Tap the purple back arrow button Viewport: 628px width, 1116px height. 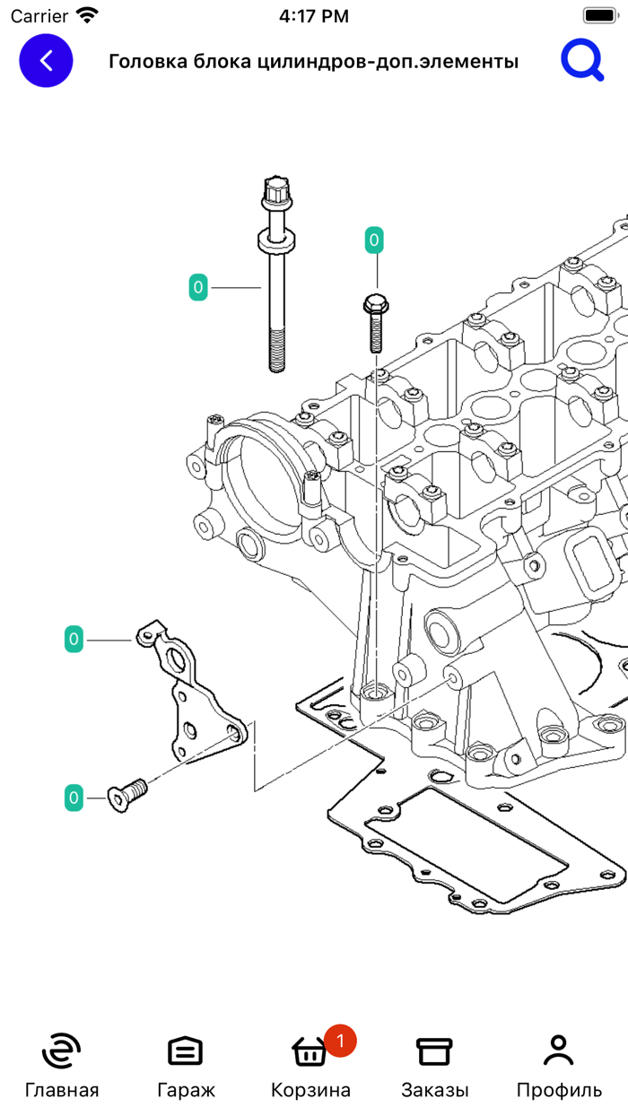pos(46,60)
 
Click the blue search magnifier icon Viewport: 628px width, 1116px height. pos(582,61)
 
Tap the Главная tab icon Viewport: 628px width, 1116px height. pos(61,1051)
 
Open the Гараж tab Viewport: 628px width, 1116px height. pos(186,1051)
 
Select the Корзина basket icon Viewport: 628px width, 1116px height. pos(310,1051)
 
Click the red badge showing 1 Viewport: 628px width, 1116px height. pos(340,1041)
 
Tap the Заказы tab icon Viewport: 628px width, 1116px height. pos(434,1051)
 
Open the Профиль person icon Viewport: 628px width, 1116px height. pos(558,1051)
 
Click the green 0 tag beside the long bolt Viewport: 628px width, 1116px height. pos(198,288)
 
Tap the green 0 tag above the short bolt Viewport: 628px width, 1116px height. pos(374,240)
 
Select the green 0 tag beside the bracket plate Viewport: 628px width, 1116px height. pos(74,640)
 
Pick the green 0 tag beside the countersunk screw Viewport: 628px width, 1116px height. pos(74,797)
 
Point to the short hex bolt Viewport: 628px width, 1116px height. pos(375,323)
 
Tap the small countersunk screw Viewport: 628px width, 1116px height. pos(126,794)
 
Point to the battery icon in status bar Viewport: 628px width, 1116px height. pos(598,15)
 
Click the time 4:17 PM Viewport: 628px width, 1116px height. pos(314,16)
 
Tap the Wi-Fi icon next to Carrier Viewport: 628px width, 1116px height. pos(87,15)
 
